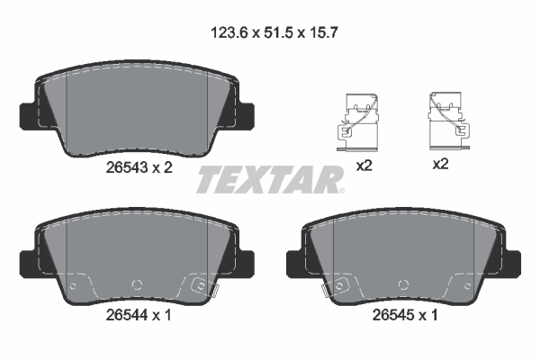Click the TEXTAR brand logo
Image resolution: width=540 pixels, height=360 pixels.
click(x=269, y=180)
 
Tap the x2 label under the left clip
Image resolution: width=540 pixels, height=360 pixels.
click(x=364, y=165)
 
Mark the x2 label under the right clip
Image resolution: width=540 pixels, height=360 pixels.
click(x=441, y=165)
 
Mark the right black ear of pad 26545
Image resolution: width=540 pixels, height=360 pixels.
click(x=513, y=262)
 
